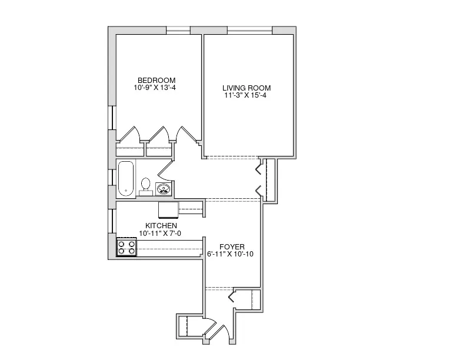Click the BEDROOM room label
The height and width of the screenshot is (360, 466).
156,81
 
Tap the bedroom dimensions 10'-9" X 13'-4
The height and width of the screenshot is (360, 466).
156,88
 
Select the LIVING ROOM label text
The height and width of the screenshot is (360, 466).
247,88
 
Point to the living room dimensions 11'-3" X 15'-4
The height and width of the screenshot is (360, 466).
247,96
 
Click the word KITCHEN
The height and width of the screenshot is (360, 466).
161,226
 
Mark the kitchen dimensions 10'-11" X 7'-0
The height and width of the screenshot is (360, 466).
161,234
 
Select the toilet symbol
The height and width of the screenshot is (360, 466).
146,186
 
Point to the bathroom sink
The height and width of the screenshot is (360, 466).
164,188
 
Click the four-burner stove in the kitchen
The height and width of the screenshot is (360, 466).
126,247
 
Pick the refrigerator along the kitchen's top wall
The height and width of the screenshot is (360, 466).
168,209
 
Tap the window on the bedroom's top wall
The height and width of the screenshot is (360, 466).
178,30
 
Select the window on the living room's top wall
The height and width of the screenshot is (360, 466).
249,30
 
